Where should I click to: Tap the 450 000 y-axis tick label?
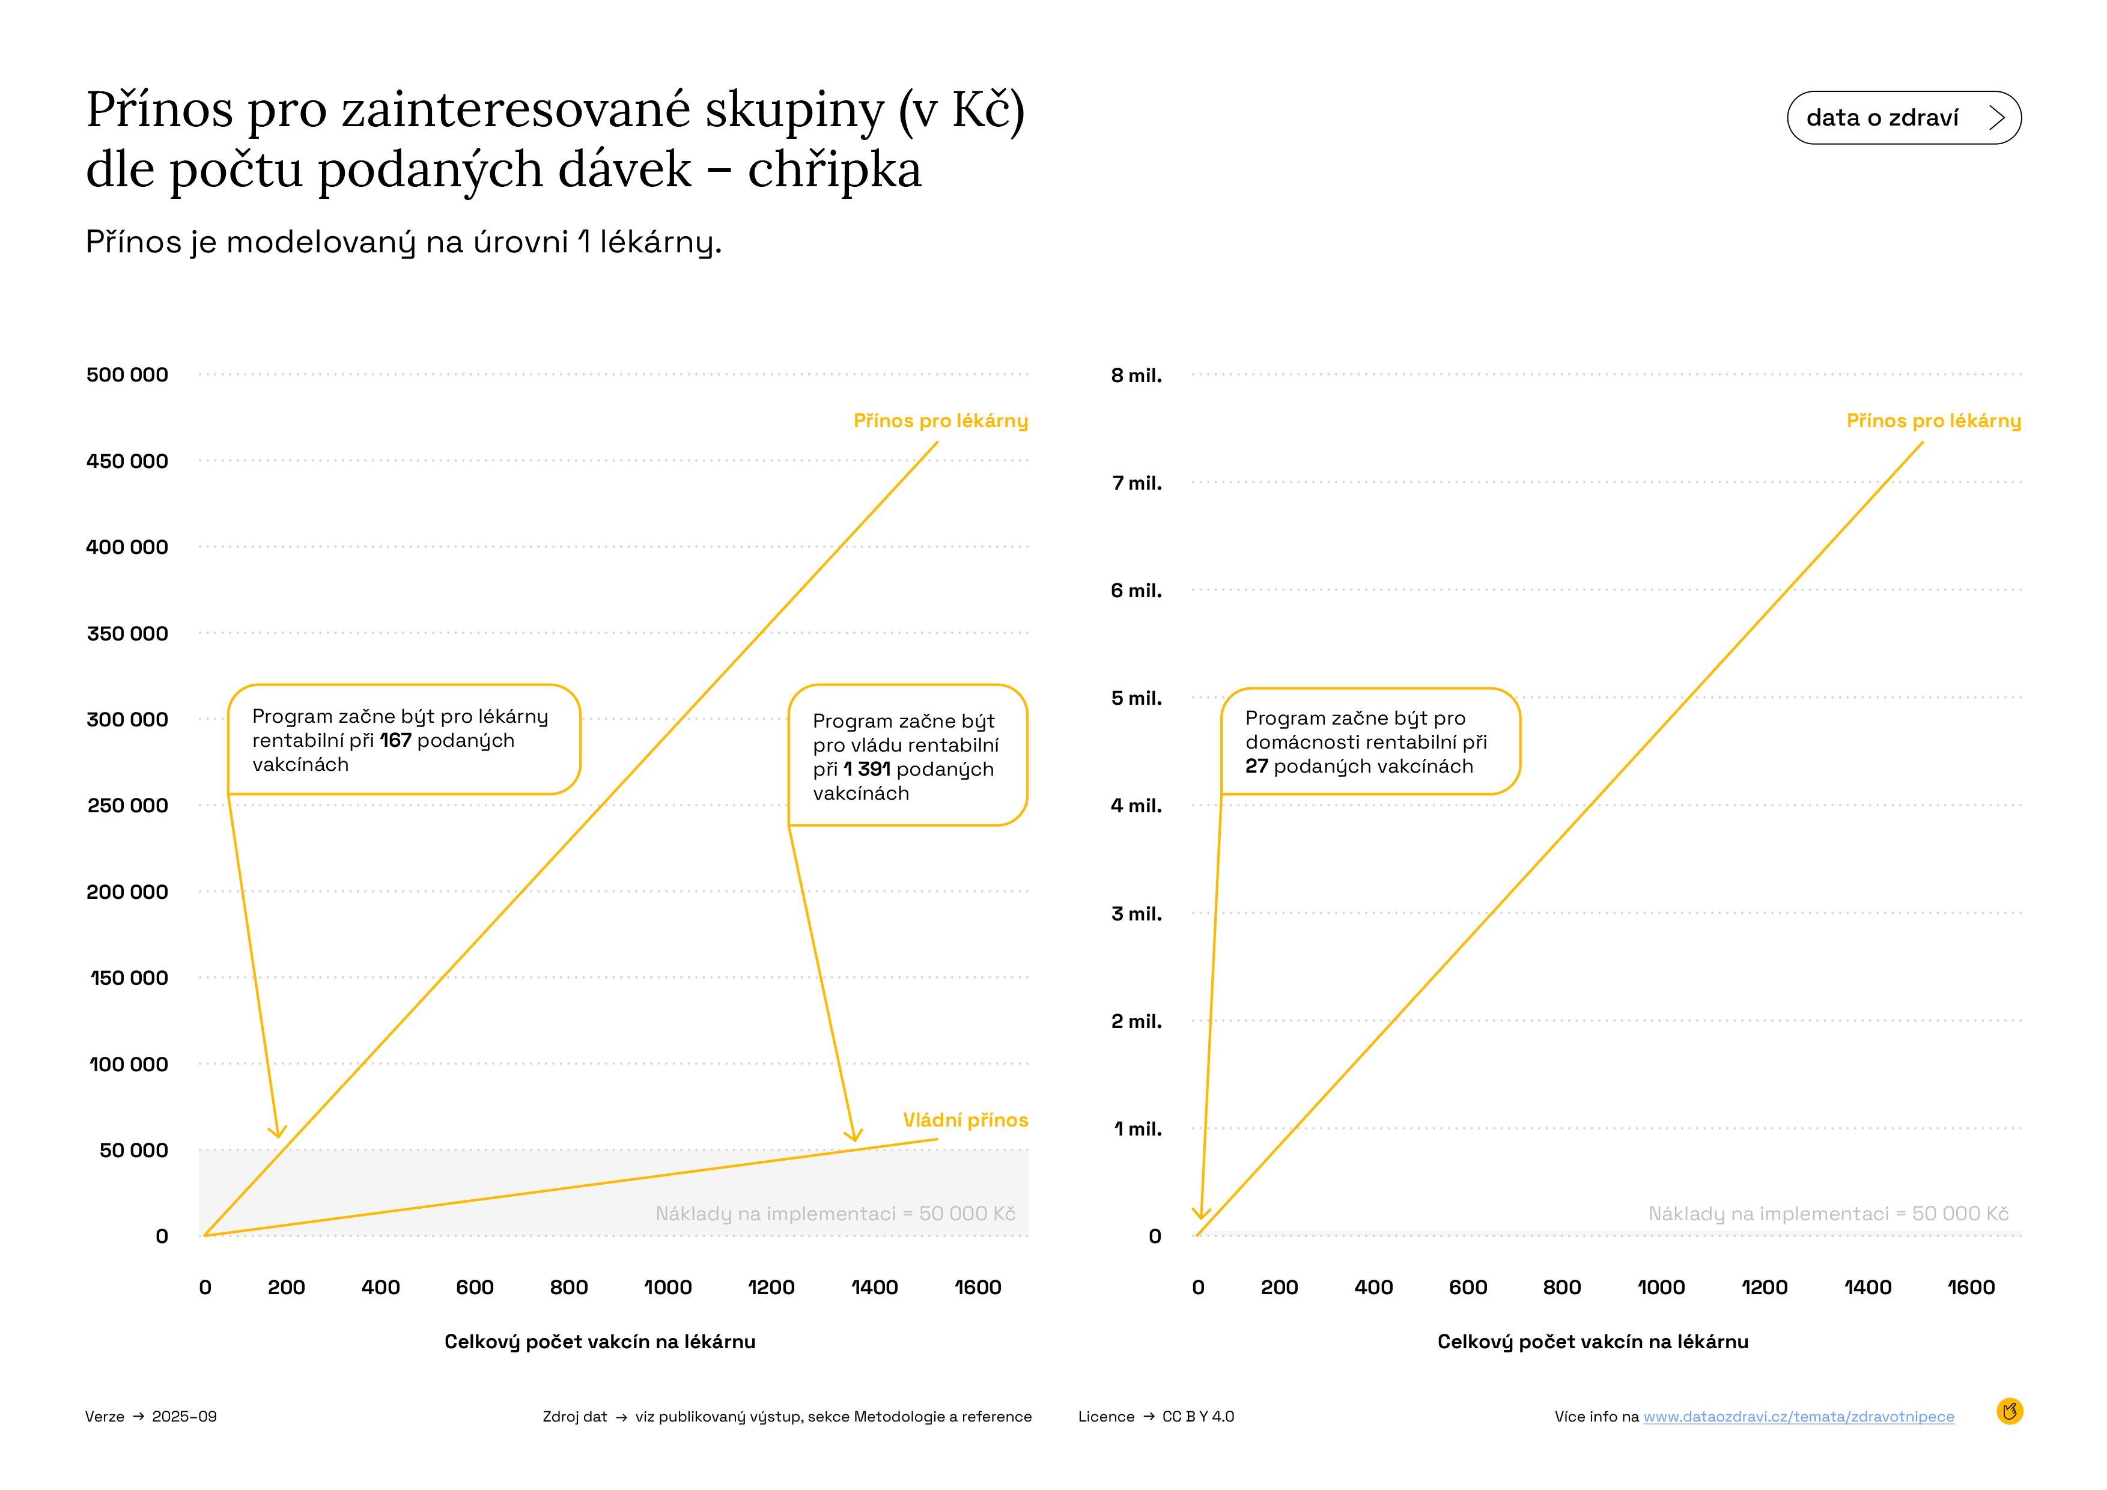click(x=127, y=461)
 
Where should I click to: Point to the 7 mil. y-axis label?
click(x=1136, y=482)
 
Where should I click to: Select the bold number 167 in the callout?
click(x=395, y=740)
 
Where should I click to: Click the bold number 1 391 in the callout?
click(x=866, y=769)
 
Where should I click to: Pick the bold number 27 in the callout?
click(x=1256, y=766)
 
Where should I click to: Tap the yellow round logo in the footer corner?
click(x=2009, y=1411)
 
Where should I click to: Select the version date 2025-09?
click(x=184, y=1417)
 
